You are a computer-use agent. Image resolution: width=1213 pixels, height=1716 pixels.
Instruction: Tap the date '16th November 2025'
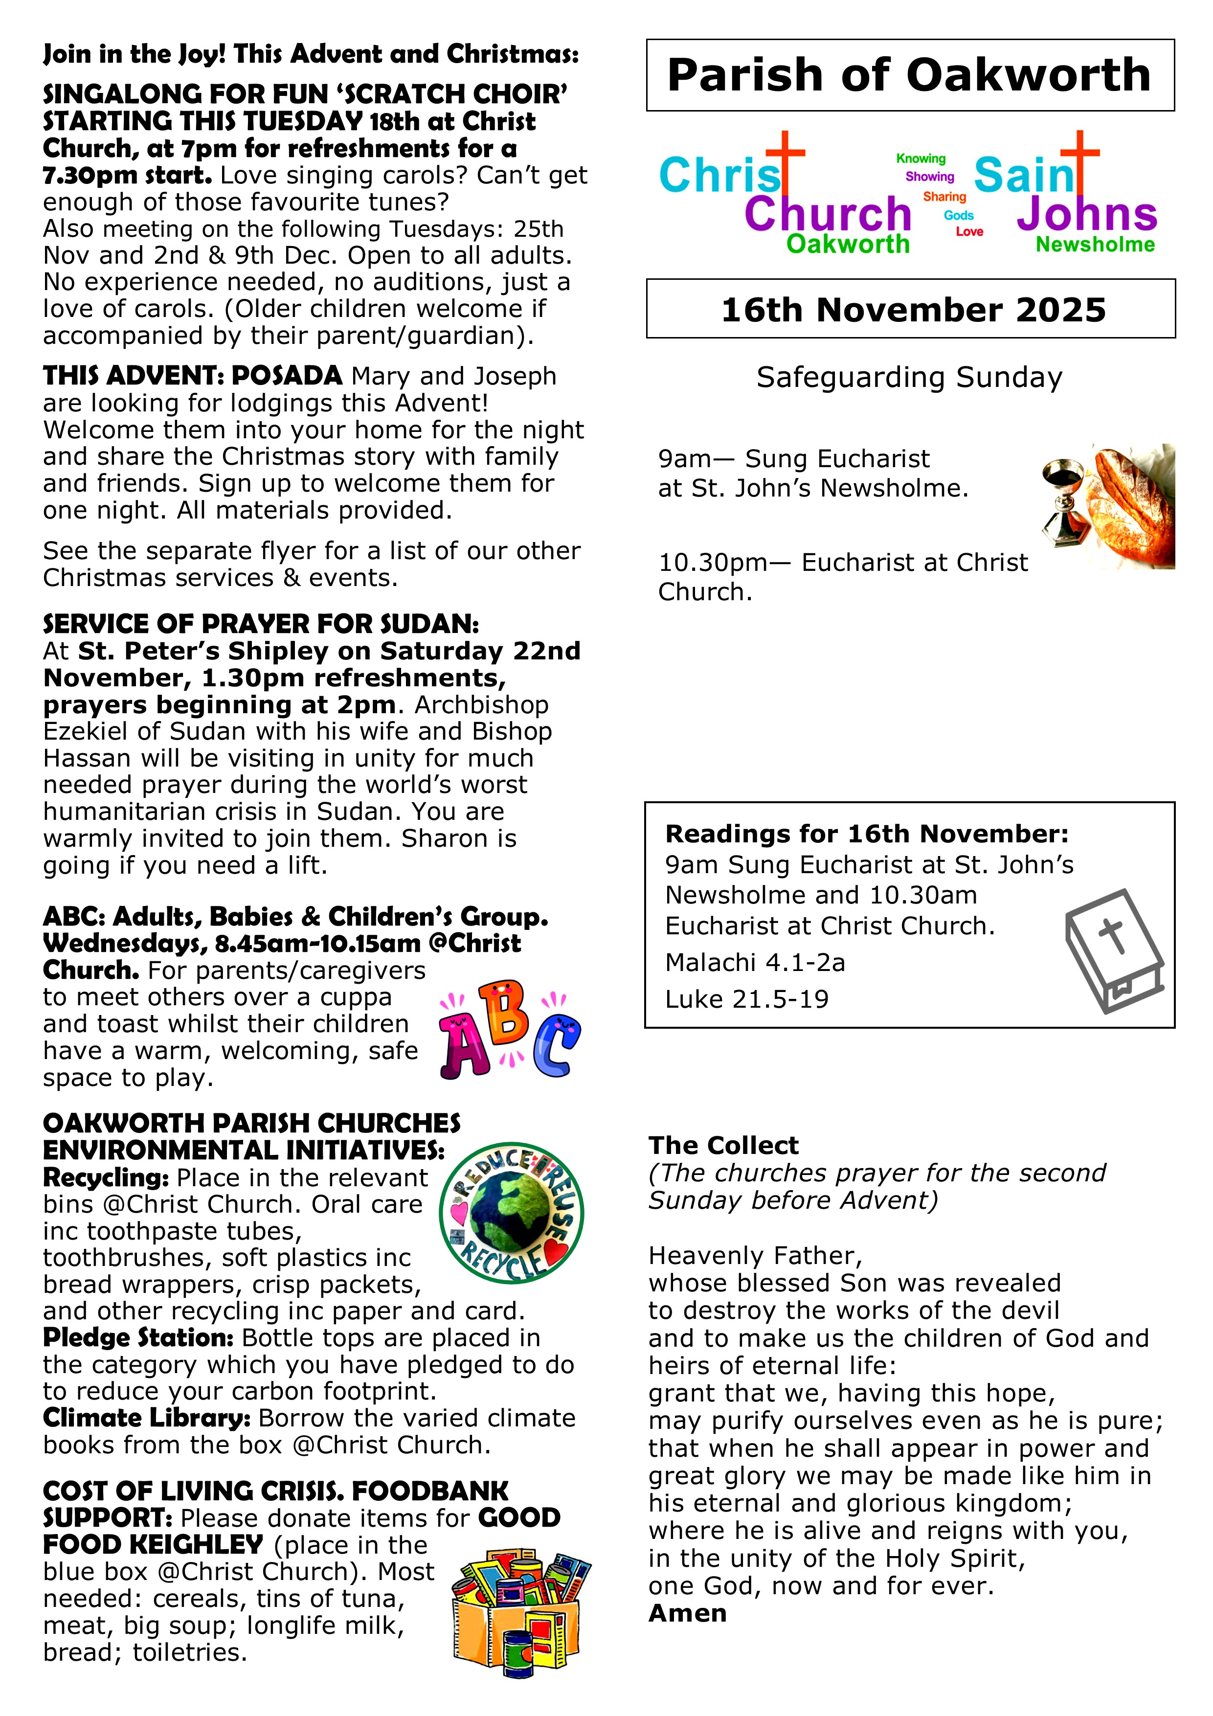pyautogui.click(x=913, y=310)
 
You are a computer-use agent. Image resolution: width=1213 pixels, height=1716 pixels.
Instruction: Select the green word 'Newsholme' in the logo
pyautogui.click(x=1095, y=245)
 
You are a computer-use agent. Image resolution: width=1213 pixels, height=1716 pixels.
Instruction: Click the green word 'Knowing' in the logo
pyautogui.click(x=921, y=158)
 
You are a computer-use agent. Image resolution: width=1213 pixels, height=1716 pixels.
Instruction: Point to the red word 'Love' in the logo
pyautogui.click(x=969, y=232)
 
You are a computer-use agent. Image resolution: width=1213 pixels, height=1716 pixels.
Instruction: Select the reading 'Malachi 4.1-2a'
pyautogui.click(x=755, y=963)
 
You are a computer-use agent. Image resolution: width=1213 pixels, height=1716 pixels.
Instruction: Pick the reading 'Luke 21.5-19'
pyautogui.click(x=747, y=999)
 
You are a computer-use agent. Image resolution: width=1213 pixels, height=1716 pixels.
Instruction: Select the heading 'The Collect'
pyautogui.click(x=723, y=1145)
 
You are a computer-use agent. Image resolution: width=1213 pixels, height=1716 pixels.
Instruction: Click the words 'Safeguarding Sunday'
pyautogui.click(x=909, y=378)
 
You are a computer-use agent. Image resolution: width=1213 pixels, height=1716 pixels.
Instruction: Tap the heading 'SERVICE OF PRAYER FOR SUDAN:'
pyautogui.click(x=261, y=624)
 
